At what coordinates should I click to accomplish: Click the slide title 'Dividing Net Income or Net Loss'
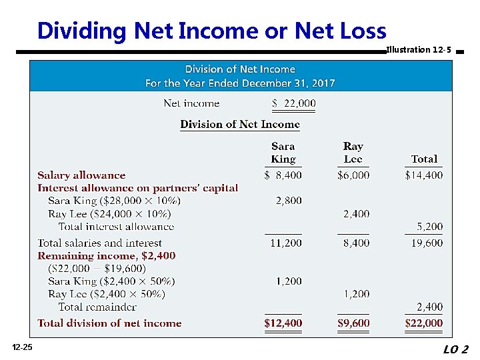click(211, 31)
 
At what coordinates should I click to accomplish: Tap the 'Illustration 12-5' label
click(418, 50)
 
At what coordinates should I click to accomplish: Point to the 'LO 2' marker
click(455, 349)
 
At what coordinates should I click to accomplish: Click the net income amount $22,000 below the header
click(294, 103)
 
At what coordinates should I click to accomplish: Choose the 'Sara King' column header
click(283, 153)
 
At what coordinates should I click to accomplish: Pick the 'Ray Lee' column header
click(353, 153)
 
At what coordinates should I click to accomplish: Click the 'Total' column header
click(424, 159)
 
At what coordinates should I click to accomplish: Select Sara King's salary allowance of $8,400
click(283, 175)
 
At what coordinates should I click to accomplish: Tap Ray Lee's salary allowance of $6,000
click(353, 175)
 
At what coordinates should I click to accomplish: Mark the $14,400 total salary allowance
click(424, 175)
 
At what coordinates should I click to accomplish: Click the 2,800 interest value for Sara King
click(289, 201)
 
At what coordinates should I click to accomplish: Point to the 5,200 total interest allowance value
click(429, 227)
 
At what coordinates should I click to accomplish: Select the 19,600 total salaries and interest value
click(427, 243)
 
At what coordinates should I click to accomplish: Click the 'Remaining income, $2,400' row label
click(107, 256)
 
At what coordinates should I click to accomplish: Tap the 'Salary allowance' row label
click(81, 175)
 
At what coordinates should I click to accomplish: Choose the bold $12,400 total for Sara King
click(283, 323)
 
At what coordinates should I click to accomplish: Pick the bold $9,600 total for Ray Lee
click(353, 323)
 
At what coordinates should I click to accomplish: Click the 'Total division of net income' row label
click(109, 323)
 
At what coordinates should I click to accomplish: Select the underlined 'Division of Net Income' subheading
click(240, 125)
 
